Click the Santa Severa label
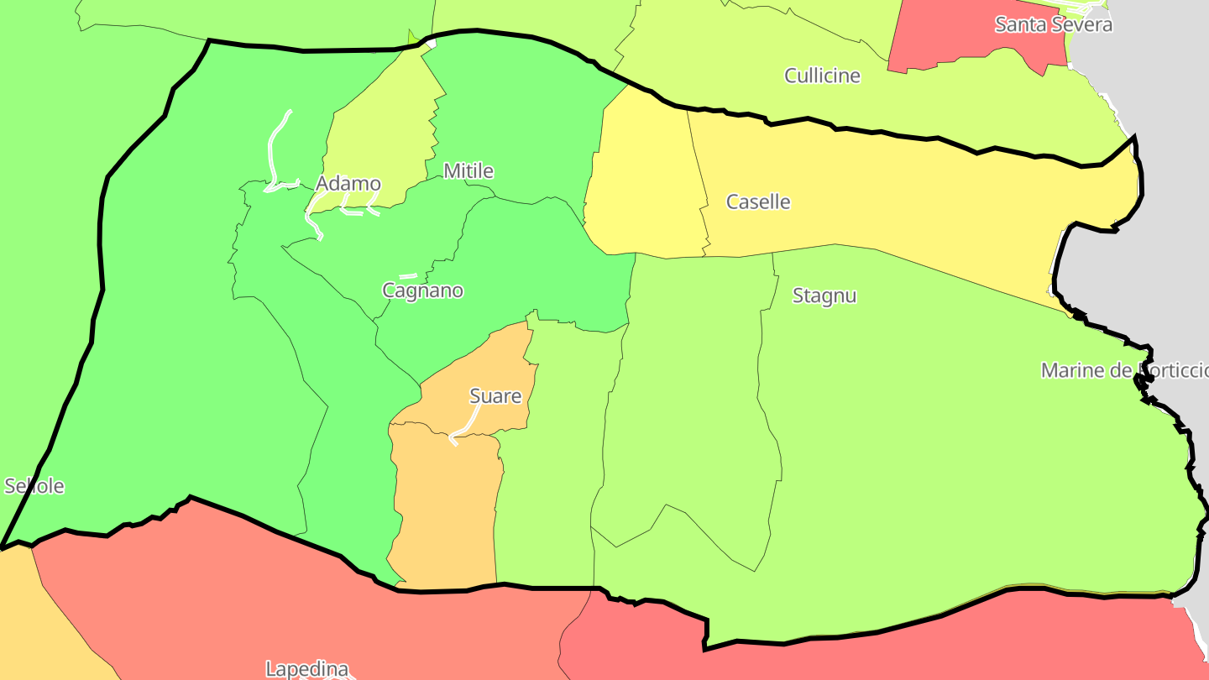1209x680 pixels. pyautogui.click(x=1053, y=24)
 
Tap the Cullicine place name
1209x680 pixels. pyautogui.click(x=822, y=76)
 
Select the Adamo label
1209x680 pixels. pyautogui.click(x=348, y=184)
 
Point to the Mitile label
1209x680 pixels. pyautogui.click(x=468, y=171)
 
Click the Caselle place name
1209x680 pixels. pyautogui.click(x=758, y=201)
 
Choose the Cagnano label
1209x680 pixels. pyautogui.click(x=422, y=290)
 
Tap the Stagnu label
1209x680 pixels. pyautogui.click(x=824, y=296)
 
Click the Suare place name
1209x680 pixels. pyautogui.click(x=495, y=396)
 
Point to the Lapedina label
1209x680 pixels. pyautogui.click(x=306, y=669)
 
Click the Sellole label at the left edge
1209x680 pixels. pyautogui.click(x=34, y=486)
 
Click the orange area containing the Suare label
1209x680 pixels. pyautogui.click(x=445, y=504)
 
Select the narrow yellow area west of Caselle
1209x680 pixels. pyautogui.click(x=642, y=185)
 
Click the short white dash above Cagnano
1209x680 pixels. pyautogui.click(x=408, y=275)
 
